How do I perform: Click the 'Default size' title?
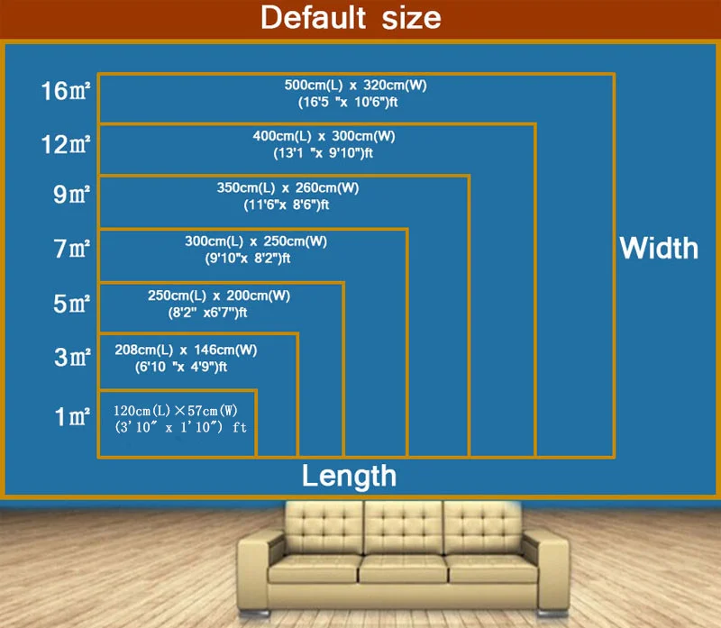tap(351, 17)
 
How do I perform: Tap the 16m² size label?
tap(67, 92)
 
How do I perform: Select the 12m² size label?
tap(67, 144)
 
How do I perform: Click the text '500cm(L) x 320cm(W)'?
tap(355, 85)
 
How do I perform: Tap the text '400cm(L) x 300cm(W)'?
tap(324, 136)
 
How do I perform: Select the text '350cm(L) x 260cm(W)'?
tap(287, 188)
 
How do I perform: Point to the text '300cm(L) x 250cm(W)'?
tap(256, 241)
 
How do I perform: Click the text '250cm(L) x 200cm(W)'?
tap(219, 296)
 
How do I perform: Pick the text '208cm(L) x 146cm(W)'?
tap(186, 350)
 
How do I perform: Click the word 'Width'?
tap(659, 248)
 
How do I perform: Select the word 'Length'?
tap(349, 475)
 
